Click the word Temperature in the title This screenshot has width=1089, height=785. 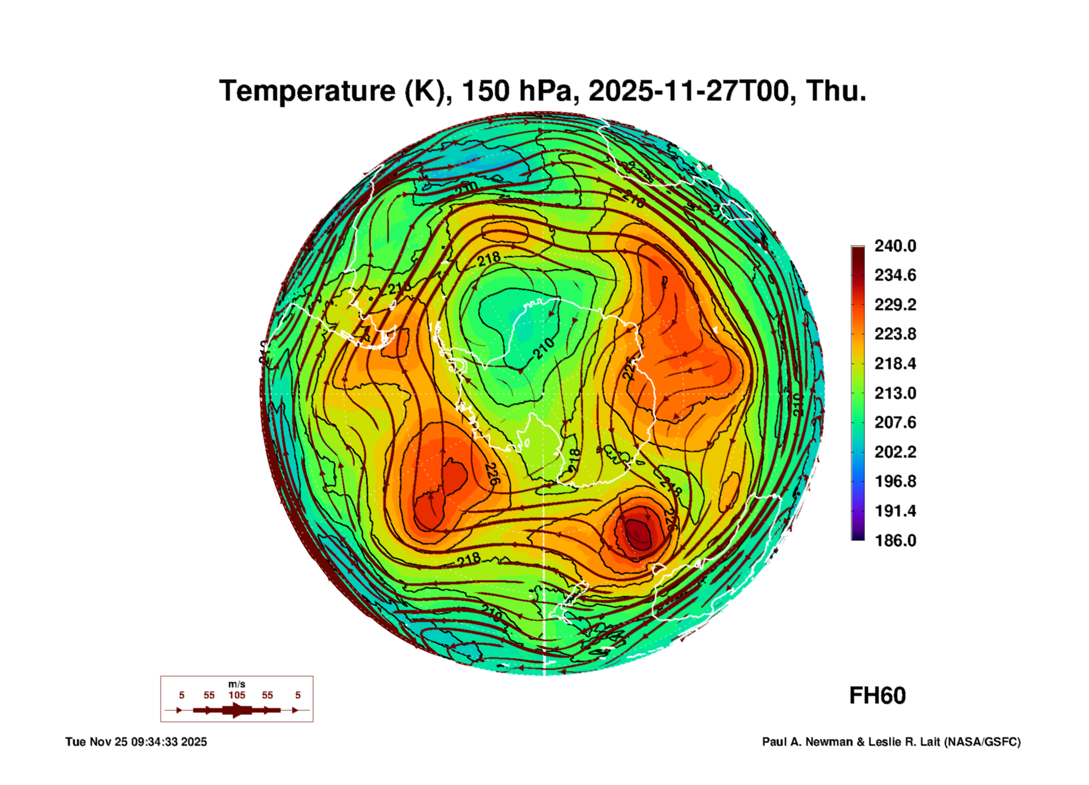(x=307, y=92)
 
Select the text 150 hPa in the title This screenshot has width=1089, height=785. (x=517, y=92)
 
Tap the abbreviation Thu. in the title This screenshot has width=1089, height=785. (x=836, y=92)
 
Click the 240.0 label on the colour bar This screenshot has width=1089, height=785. (x=895, y=246)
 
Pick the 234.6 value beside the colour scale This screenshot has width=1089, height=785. (x=895, y=275)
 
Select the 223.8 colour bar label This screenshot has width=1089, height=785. (x=895, y=334)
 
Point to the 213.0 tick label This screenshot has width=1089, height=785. (x=895, y=393)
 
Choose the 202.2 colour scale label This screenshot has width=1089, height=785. (x=895, y=452)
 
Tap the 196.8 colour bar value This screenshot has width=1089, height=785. (x=895, y=481)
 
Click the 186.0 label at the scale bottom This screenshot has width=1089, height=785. (x=895, y=540)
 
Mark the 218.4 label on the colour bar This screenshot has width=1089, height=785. (x=895, y=363)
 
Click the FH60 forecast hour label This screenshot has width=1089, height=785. (x=877, y=696)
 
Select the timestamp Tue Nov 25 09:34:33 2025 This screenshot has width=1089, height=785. (x=136, y=742)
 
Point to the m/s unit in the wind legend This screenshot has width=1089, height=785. (x=236, y=684)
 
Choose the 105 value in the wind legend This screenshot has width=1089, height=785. (x=236, y=695)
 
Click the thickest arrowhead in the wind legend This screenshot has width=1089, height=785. (x=237, y=710)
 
